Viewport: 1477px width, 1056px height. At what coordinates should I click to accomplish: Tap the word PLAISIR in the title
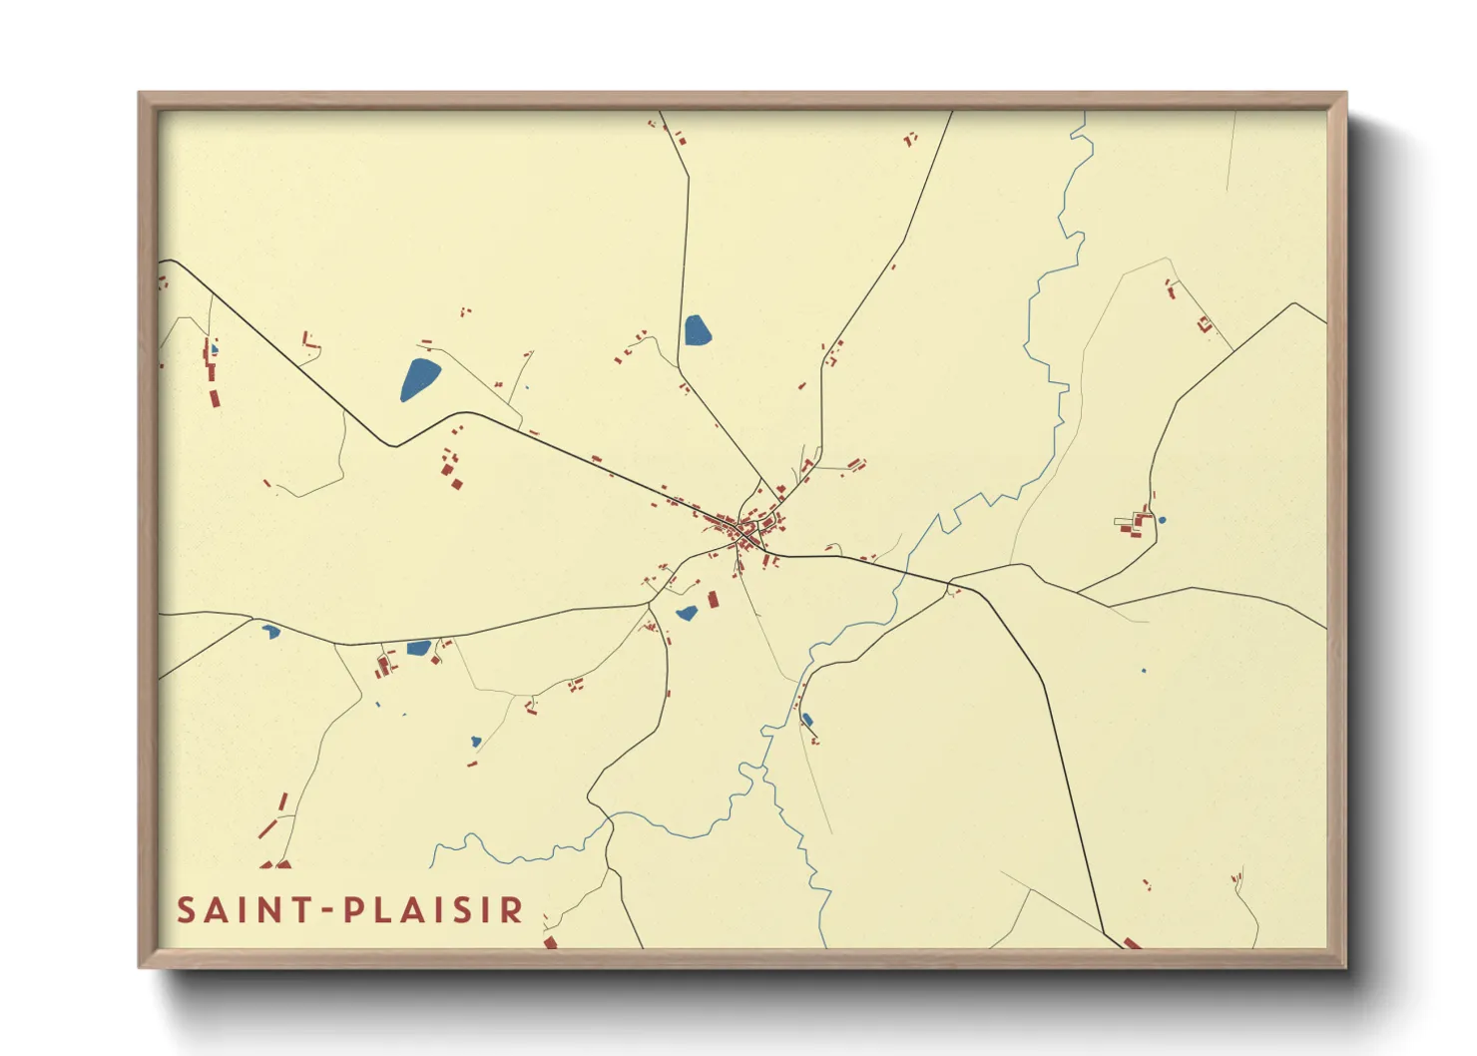click(434, 910)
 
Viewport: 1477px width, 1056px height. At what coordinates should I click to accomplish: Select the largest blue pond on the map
click(419, 379)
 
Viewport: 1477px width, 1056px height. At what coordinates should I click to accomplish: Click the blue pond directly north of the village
click(697, 329)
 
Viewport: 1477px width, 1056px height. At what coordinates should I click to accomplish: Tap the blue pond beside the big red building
click(687, 613)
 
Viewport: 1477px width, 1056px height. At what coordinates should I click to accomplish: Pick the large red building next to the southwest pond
click(714, 600)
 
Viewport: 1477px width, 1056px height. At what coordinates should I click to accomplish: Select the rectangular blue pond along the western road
click(418, 648)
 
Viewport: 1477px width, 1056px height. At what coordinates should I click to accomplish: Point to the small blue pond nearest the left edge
click(270, 631)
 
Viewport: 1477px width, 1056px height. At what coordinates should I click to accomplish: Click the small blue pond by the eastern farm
click(1162, 520)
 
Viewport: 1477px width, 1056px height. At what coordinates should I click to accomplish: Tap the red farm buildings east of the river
click(1135, 522)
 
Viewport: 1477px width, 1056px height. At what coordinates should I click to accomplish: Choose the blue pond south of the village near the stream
click(807, 719)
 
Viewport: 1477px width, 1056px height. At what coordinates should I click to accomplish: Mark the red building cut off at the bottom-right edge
click(1131, 942)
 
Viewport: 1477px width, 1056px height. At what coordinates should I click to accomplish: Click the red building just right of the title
click(550, 941)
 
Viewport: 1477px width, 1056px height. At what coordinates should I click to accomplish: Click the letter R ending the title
click(512, 910)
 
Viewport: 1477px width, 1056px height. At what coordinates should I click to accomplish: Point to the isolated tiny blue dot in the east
click(1144, 671)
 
